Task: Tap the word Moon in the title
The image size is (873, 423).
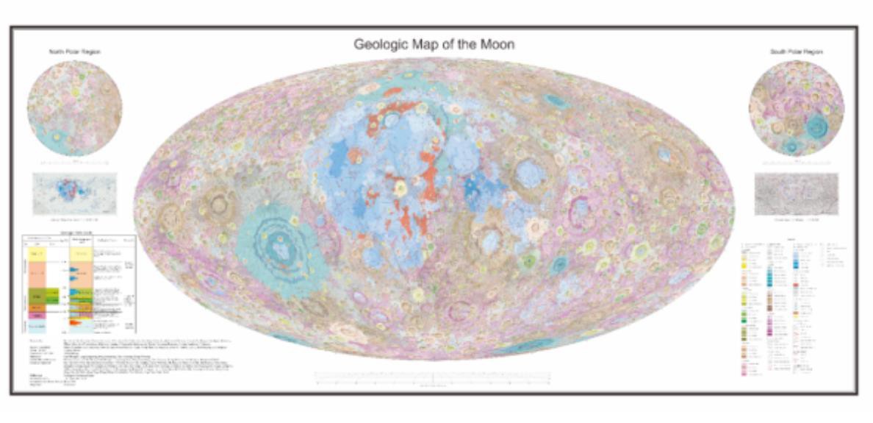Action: [x=495, y=44]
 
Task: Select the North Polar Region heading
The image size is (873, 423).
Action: [x=74, y=52]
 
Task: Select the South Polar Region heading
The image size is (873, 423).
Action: [x=797, y=52]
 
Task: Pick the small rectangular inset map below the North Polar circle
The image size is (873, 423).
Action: [x=74, y=193]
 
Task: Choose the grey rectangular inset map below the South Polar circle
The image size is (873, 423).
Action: [x=796, y=194]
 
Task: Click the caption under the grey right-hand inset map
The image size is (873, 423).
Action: [x=796, y=220]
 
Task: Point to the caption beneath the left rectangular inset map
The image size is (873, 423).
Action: [x=74, y=220]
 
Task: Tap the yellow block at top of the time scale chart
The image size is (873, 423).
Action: [x=37, y=254]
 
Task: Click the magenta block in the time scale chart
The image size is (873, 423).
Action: [x=37, y=315]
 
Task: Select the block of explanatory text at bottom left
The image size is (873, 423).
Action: [x=147, y=360]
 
